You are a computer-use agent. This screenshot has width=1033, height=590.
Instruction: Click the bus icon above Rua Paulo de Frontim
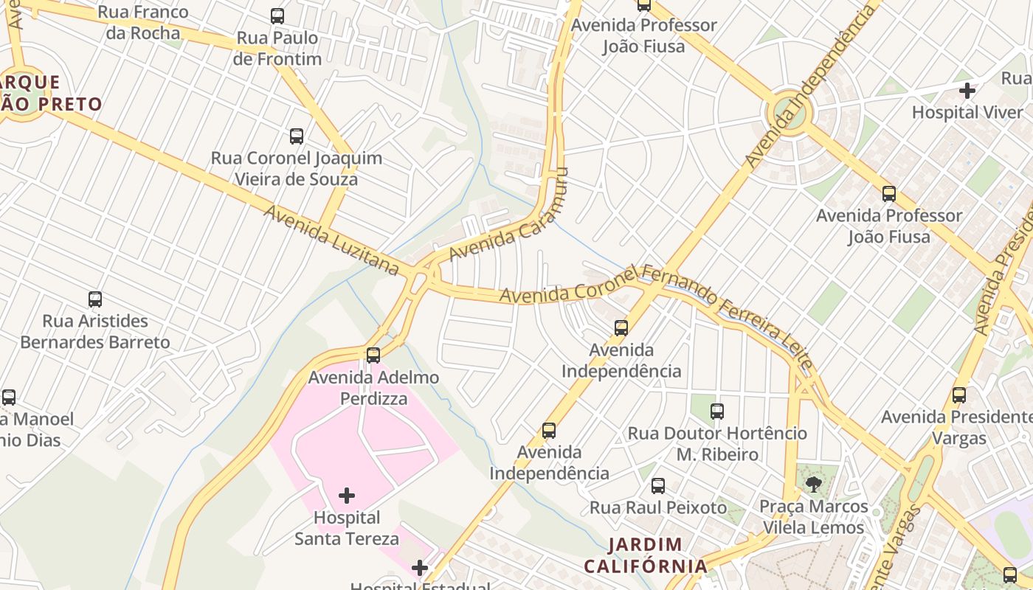(x=277, y=15)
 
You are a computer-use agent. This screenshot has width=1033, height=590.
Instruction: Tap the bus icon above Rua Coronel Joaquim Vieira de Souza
(x=297, y=136)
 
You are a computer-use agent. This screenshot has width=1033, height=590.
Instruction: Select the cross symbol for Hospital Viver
(x=967, y=91)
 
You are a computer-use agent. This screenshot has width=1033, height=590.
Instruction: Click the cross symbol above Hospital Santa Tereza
(x=347, y=495)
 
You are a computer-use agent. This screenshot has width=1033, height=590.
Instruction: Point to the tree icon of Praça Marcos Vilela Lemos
(x=813, y=485)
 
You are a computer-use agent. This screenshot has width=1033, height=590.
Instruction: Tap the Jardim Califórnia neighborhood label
(x=646, y=555)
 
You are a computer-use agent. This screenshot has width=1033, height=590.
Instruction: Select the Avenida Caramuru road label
(x=509, y=214)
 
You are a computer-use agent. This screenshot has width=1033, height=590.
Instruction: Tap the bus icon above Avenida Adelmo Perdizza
(x=373, y=355)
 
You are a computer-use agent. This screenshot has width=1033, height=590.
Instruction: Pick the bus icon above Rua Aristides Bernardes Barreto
(x=95, y=299)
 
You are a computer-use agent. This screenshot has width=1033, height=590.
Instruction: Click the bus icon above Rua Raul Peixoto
(x=658, y=486)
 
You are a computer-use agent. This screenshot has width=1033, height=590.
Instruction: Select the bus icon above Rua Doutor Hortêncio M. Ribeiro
(x=717, y=412)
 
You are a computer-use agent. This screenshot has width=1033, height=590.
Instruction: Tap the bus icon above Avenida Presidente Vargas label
(x=959, y=395)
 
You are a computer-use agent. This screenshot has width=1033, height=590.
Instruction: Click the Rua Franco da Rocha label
(x=142, y=23)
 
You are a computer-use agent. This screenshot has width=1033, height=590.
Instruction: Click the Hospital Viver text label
(x=967, y=113)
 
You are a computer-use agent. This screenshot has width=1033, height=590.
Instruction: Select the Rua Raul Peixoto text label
(x=658, y=507)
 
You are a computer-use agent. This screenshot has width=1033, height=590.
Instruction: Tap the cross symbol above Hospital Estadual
(x=420, y=568)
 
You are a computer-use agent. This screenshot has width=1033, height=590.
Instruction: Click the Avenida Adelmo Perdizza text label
(x=373, y=388)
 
